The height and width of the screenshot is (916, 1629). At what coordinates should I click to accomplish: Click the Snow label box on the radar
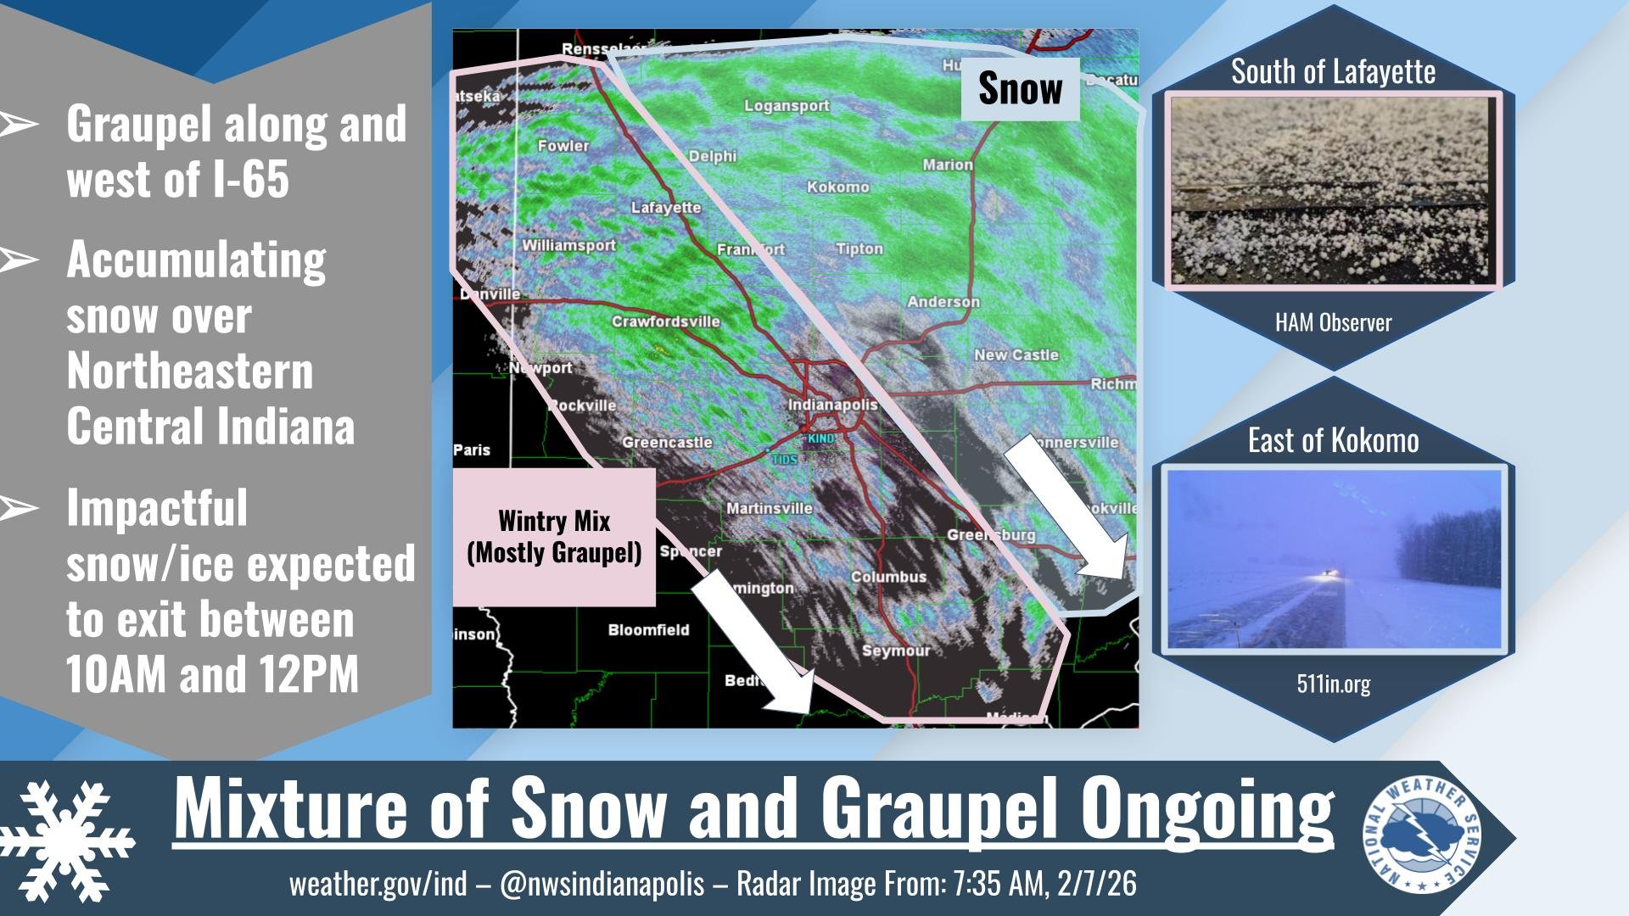1020,89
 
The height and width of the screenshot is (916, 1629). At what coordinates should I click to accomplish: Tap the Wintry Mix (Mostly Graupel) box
554,537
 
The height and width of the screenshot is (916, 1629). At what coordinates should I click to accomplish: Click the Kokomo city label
837,187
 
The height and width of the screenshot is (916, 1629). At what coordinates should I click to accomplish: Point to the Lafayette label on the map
666,208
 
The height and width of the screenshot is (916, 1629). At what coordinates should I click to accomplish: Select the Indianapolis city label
832,405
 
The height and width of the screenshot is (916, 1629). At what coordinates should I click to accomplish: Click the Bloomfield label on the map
648,630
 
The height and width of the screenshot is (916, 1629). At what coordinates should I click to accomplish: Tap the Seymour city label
896,651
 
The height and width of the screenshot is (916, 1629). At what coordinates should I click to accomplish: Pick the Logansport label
787,106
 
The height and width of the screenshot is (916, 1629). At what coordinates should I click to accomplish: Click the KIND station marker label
820,438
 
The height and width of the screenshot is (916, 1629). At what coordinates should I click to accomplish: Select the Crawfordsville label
665,321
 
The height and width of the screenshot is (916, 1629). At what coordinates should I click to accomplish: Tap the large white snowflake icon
68,840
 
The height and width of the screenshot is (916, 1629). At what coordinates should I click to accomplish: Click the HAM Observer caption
1333,323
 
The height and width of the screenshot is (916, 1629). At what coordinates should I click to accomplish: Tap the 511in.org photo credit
1333,684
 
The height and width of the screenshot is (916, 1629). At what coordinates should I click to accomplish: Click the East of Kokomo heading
1333,441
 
